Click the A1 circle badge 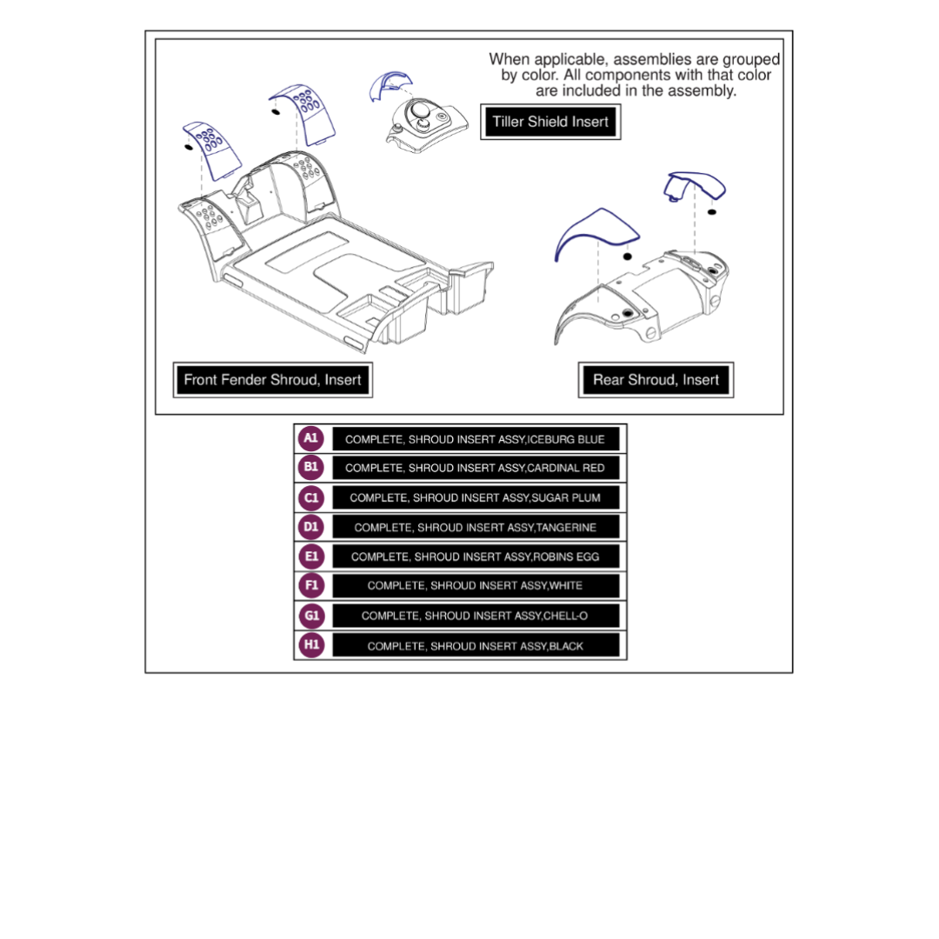tap(310, 438)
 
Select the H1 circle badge tap(310, 645)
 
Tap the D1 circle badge tap(310, 527)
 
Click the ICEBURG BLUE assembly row tap(475, 439)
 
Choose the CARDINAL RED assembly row tap(475, 468)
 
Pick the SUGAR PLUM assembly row tap(475, 498)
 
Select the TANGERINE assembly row tap(475, 528)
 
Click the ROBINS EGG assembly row tap(475, 556)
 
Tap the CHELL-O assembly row tap(475, 616)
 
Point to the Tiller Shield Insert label tap(550, 122)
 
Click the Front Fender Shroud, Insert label tap(272, 380)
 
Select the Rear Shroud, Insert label tap(656, 380)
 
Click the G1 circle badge tap(310, 616)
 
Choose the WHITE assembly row tap(475, 586)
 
